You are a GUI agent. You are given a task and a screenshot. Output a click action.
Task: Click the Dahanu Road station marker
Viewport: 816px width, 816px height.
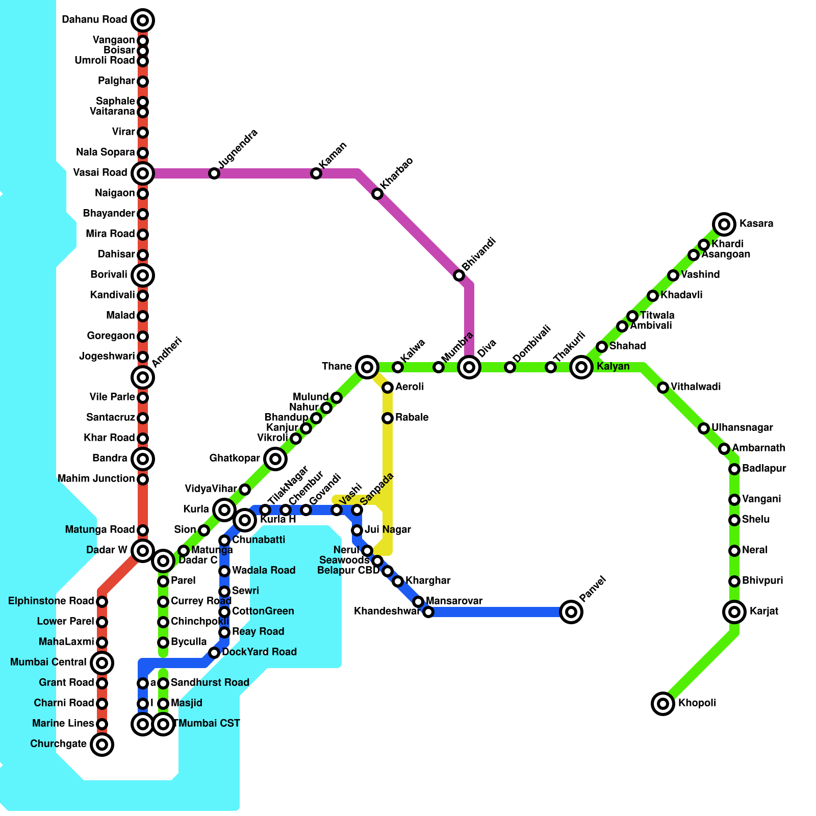[x=143, y=20]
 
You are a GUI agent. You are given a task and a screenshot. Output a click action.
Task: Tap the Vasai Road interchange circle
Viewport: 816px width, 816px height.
[x=143, y=173]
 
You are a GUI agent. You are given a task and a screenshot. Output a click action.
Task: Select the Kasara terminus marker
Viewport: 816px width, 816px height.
[x=724, y=224]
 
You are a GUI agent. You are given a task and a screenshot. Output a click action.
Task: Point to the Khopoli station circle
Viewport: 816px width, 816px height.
[x=663, y=704]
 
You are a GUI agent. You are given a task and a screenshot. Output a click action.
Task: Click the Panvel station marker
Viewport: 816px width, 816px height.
[x=571, y=612]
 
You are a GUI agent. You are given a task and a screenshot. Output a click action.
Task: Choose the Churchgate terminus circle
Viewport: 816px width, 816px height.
[x=102, y=745]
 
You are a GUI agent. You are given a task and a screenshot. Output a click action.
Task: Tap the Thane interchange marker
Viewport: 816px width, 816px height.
[x=367, y=367]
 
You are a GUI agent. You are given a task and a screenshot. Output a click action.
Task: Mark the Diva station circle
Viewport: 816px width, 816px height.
[x=469, y=367]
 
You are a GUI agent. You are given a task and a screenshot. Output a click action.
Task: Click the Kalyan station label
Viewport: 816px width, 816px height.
[x=613, y=367]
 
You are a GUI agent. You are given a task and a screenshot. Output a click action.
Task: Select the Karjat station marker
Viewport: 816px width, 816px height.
[x=734, y=612]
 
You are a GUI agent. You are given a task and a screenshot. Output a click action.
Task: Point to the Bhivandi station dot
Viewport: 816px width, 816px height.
[x=459, y=275]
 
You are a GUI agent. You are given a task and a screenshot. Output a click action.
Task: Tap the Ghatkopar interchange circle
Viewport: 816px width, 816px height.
[x=275, y=459]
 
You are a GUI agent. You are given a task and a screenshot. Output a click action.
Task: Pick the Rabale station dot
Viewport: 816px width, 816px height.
[x=388, y=418]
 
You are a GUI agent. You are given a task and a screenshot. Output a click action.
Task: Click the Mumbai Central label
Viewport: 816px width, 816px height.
[x=48, y=662]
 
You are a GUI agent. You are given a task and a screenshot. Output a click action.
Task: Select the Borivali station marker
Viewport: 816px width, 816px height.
[x=143, y=275]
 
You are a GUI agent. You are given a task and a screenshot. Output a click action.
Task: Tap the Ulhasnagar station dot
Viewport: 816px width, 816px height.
[x=704, y=428]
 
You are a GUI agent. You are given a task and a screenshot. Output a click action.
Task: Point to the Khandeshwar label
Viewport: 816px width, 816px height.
[x=387, y=611]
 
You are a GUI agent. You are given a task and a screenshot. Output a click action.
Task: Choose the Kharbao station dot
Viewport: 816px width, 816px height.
[x=377, y=194]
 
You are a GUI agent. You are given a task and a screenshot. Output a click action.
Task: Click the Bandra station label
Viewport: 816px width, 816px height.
[x=110, y=458]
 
